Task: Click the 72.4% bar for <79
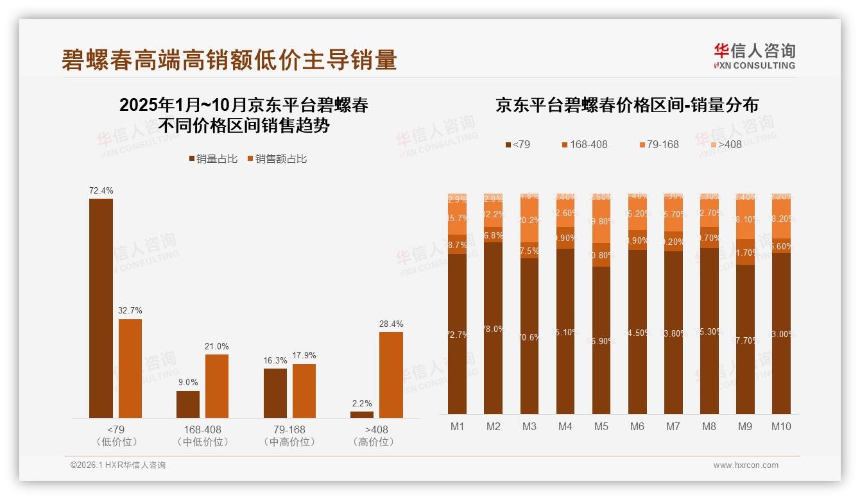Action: click(x=101, y=308)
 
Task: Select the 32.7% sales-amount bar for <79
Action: click(x=130, y=369)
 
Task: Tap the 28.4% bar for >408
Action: click(x=391, y=375)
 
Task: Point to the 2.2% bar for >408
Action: click(x=362, y=415)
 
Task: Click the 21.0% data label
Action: click(x=218, y=346)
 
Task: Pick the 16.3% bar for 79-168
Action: click(x=275, y=393)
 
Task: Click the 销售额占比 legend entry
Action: click(x=277, y=159)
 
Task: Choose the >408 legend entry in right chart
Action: click(x=725, y=144)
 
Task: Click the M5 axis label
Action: click(x=601, y=427)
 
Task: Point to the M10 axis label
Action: click(x=781, y=427)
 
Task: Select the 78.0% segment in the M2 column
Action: click(x=494, y=328)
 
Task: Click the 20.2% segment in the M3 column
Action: click(x=529, y=220)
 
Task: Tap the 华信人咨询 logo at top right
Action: click(x=754, y=56)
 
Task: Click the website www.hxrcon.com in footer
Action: click(x=746, y=465)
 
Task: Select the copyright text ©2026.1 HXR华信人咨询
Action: click(x=118, y=465)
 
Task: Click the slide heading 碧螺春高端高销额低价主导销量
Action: click(x=229, y=60)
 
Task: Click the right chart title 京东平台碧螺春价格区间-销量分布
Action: click(x=626, y=105)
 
